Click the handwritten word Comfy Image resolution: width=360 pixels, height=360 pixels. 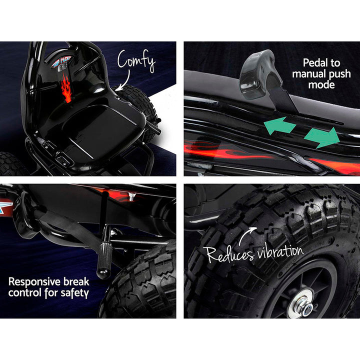click(x=136, y=60)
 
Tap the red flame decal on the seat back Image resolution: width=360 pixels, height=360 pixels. click(x=67, y=88)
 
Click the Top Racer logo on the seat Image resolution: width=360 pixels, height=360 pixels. click(x=61, y=63)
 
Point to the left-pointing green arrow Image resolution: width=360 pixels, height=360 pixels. click(x=279, y=125)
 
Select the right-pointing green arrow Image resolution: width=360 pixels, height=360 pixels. click(x=322, y=137)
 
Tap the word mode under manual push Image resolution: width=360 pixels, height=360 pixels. click(x=321, y=84)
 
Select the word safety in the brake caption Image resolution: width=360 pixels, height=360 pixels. click(x=74, y=293)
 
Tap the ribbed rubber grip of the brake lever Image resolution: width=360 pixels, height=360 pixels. click(x=104, y=259)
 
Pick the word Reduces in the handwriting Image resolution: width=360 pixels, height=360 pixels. click(x=230, y=254)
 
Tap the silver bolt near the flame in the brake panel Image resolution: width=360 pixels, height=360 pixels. click(x=131, y=197)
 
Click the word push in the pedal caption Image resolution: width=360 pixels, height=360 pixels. click(x=339, y=74)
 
